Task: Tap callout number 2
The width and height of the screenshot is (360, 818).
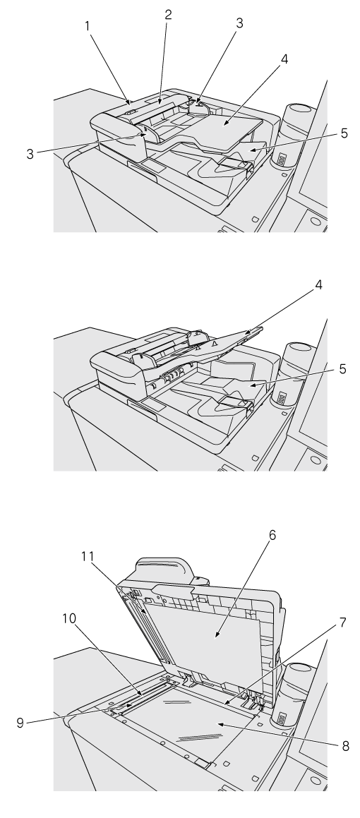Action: pos(168,15)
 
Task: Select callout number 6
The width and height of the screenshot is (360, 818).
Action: pos(272,535)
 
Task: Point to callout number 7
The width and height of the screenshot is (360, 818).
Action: pos(343,622)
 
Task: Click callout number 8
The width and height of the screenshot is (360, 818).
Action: pos(346,747)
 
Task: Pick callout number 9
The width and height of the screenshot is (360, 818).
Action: pos(20,723)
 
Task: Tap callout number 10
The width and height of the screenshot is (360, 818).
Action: pos(69,619)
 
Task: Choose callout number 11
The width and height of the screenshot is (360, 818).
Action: pos(87,557)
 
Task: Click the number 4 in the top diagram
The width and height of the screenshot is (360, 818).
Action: pos(284,59)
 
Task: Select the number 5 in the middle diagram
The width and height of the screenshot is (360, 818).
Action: pos(343,369)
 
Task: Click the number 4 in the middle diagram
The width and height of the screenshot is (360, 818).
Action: pos(318,285)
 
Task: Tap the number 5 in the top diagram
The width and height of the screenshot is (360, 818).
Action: pos(344,133)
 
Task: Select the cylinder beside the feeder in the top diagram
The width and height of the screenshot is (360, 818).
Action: pos(293,136)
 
